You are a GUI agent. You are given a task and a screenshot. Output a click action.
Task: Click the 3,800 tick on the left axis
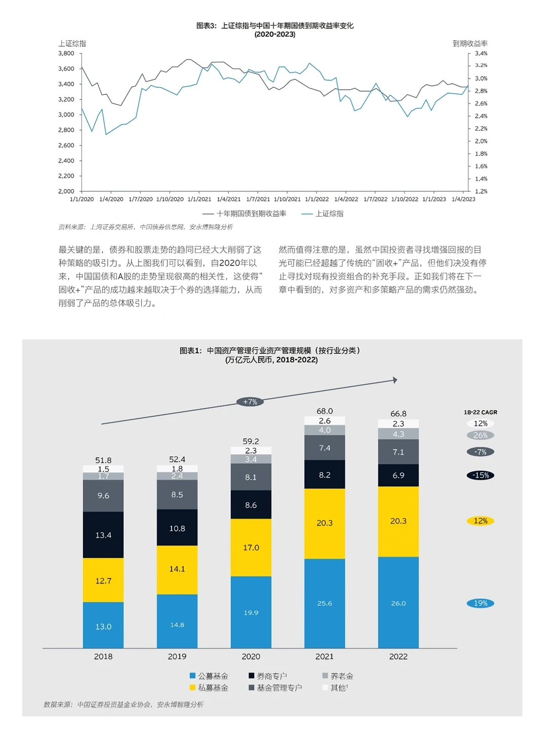66,53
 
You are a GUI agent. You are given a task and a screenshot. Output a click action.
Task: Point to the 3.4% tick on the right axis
481,53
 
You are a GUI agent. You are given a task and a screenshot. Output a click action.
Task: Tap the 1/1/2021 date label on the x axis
199,199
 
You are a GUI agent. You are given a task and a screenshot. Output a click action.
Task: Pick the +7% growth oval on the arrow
250,402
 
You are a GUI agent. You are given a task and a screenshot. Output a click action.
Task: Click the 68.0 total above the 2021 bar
325,411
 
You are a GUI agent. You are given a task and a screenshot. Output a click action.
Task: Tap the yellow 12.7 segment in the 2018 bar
104,581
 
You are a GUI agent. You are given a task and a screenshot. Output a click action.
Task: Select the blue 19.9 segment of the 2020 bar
251,613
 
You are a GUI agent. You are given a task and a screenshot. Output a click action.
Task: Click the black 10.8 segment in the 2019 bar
177,529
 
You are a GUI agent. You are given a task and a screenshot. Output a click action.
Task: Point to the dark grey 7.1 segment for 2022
398,452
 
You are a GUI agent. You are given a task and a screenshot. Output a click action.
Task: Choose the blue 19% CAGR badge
481,603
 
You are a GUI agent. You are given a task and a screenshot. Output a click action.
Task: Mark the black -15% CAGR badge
481,475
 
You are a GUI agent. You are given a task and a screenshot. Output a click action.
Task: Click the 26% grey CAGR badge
481,435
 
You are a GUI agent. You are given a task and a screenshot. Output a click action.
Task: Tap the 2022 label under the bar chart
398,656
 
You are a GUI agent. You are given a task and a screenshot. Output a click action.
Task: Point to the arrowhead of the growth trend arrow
395,380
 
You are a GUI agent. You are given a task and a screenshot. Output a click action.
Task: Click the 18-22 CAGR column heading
481,412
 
